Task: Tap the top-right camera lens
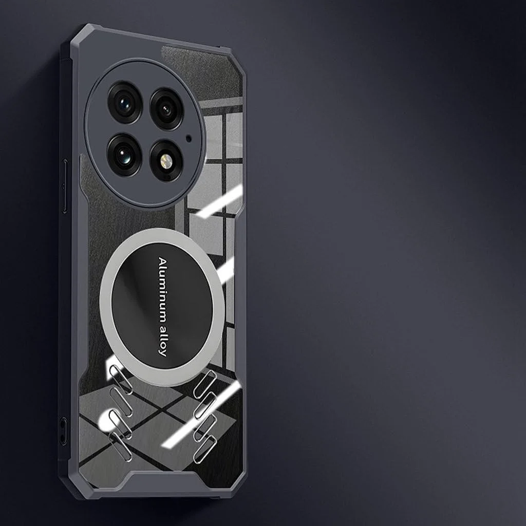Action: point(166,109)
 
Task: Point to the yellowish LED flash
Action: point(166,161)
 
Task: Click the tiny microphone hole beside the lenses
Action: point(189,138)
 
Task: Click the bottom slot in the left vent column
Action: point(120,446)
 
